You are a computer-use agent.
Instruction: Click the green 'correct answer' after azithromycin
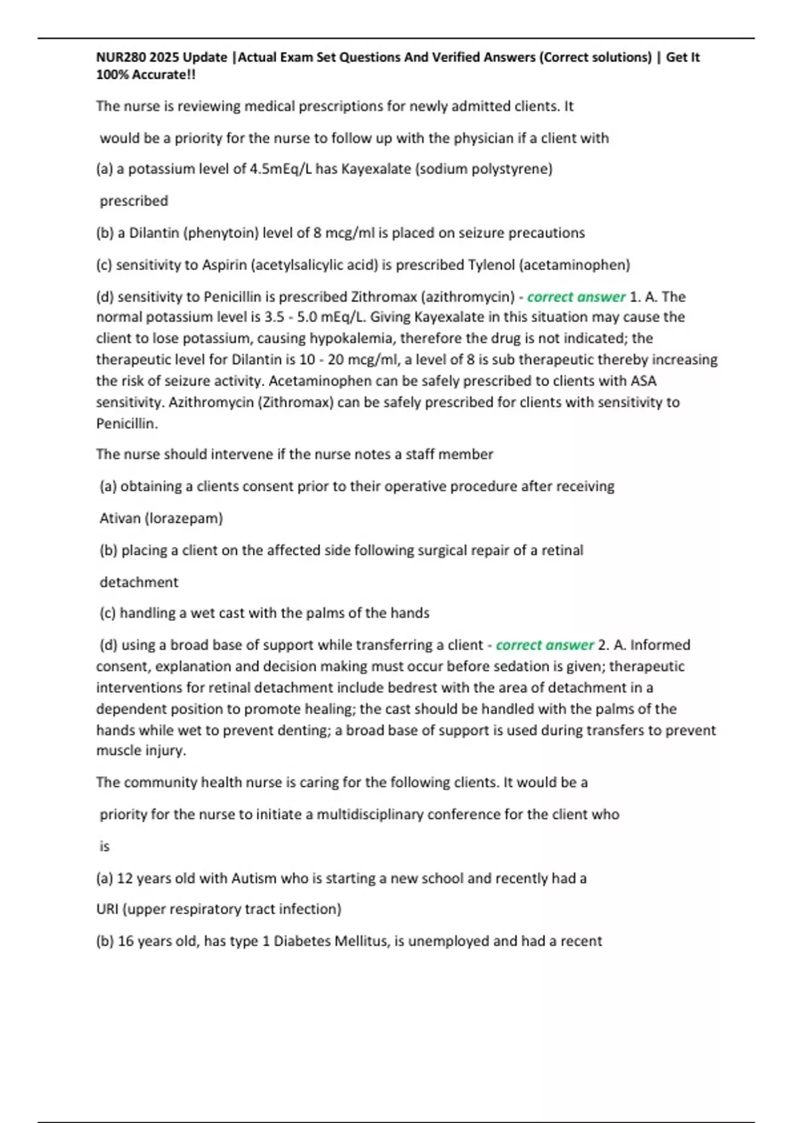[x=576, y=297]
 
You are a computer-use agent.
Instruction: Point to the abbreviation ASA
[x=643, y=381]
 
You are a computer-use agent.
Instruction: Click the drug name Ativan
[x=120, y=519]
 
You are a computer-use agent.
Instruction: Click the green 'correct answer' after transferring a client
[x=545, y=645]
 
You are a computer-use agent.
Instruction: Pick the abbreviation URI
[x=107, y=910]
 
